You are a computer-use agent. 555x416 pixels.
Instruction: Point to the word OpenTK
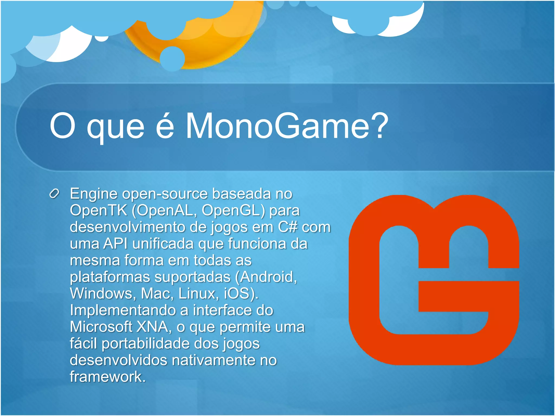tap(98, 210)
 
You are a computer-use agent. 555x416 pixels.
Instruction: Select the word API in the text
tap(115, 243)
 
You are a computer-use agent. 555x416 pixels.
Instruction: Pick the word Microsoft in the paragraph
tap(101, 327)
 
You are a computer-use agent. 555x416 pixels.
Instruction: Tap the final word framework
tap(108, 377)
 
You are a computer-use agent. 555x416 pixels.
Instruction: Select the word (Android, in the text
tap(266, 277)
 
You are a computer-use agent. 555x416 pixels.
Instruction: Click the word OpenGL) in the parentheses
tap(233, 210)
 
